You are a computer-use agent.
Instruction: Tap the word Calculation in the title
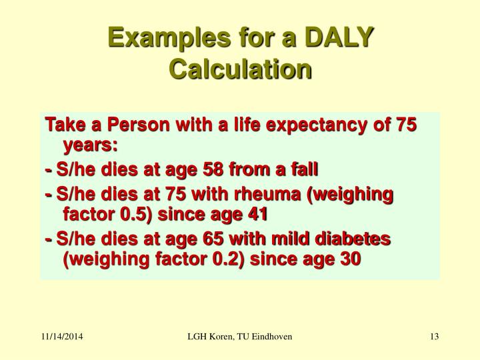click(240, 69)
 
